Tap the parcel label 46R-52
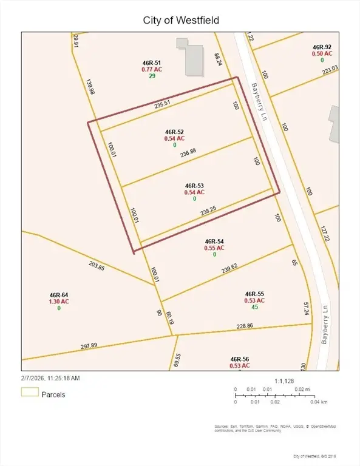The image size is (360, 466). (174, 132)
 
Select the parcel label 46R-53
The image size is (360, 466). (194, 186)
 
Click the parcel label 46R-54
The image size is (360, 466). (214, 241)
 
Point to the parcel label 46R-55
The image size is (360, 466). (254, 293)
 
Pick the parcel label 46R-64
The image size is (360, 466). (59, 294)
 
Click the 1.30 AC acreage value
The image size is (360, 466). (59, 301)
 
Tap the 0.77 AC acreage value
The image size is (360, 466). (152, 69)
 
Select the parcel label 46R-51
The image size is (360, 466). (152, 62)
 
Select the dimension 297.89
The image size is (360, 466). (89, 346)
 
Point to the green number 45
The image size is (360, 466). (254, 306)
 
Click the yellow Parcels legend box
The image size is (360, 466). (29, 392)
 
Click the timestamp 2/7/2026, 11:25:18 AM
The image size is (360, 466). (50, 377)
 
